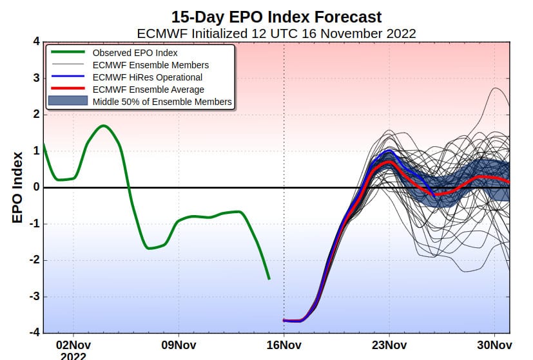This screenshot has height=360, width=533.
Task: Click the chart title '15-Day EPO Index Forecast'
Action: [x=276, y=17]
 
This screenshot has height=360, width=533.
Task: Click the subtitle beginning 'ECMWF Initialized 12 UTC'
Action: [x=276, y=33]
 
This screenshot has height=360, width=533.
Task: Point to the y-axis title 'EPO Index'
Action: [x=17, y=187]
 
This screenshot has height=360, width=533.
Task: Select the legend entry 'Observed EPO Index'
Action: [x=135, y=53]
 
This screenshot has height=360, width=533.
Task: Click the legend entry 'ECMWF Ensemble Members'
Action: [x=151, y=65]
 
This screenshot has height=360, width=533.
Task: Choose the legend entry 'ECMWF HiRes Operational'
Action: [x=148, y=77]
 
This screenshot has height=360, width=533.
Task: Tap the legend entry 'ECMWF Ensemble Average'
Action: [x=148, y=90]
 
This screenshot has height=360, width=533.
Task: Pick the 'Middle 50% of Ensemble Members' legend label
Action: [x=162, y=102]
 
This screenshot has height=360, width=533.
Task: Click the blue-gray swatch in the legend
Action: [x=68, y=101]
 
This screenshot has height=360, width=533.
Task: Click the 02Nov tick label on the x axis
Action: [x=73, y=345]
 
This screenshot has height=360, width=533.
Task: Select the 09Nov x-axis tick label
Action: [x=179, y=345]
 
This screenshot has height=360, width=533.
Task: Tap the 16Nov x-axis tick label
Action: [x=284, y=345]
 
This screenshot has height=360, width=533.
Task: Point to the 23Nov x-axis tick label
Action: [x=389, y=345]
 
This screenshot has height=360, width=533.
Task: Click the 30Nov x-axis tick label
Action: [x=494, y=345]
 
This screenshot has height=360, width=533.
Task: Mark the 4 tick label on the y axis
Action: [x=36, y=41]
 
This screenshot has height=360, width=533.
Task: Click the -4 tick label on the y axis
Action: [x=34, y=332]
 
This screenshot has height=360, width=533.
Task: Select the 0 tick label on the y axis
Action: [x=36, y=187]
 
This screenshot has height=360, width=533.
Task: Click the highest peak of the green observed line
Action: [x=104, y=126]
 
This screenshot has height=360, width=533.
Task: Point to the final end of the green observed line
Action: [x=269, y=279]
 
